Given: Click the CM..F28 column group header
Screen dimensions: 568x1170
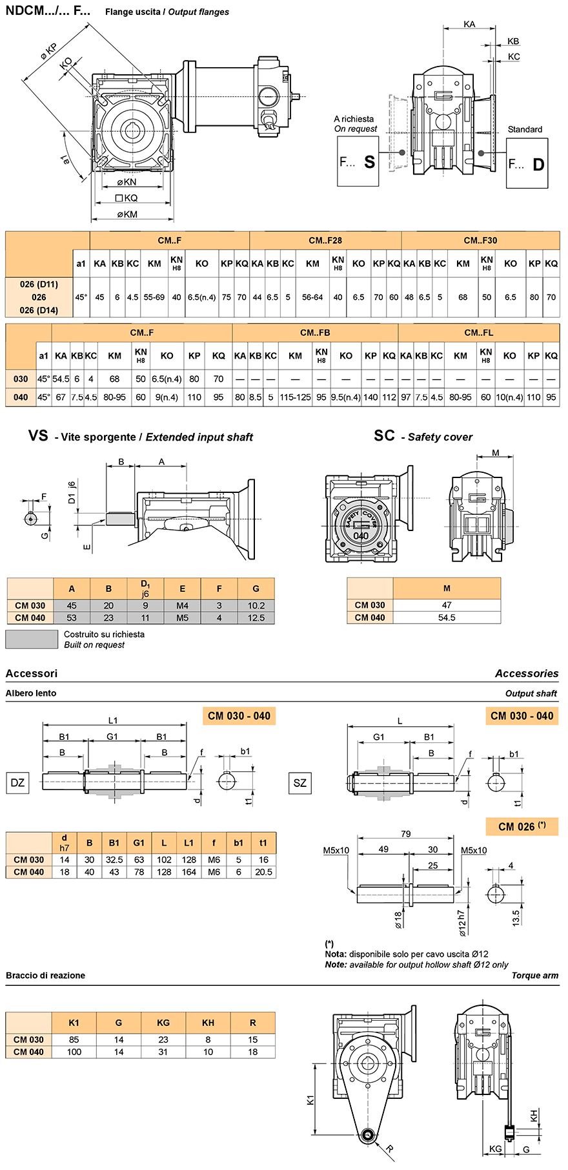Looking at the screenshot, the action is pos(325,240).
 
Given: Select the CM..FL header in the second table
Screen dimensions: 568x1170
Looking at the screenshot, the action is pos(478,333).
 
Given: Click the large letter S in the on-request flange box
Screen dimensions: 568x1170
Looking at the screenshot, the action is pos(369,162).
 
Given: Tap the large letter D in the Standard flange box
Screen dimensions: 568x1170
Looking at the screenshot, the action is pos(538,164).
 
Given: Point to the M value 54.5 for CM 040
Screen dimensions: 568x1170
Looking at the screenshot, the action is pos(447,618).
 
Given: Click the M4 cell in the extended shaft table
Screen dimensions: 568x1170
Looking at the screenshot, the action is pos(183,605).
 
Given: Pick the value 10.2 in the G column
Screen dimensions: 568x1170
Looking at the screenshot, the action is pos(256,605).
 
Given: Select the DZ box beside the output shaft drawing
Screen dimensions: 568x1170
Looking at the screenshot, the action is pos(17,783).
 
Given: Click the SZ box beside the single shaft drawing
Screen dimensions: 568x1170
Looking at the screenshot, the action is pos(300,783).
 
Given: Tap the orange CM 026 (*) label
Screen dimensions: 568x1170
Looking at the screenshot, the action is pos(522,826).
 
